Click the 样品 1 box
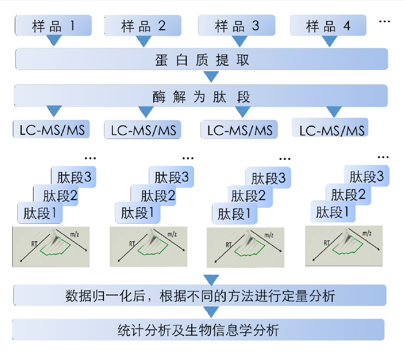tap(53, 25)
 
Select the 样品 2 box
tap(143, 26)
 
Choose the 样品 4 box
tap(328, 26)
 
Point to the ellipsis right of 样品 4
tap(384, 22)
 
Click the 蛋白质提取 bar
tap(202, 60)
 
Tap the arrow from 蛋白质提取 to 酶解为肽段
tap(211, 77)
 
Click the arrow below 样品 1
tap(54, 41)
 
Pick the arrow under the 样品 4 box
tap(329, 41)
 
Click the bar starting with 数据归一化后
tap(200, 296)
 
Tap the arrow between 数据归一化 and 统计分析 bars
tap(211, 312)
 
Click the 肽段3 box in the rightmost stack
tap(367, 177)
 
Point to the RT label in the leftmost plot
tap(34, 243)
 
